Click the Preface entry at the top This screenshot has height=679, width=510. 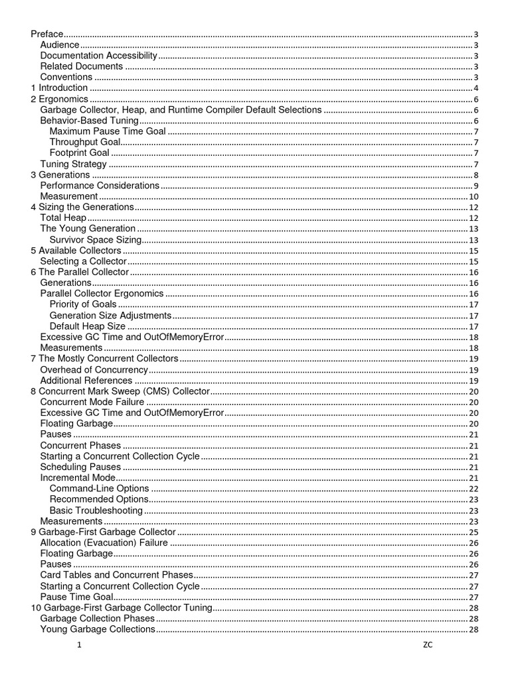pos(47,34)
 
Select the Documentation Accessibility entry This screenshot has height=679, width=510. pos(98,56)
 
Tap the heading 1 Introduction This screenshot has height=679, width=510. pos(60,88)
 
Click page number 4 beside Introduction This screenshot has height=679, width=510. pos(476,88)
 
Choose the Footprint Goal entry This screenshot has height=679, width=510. pos(80,153)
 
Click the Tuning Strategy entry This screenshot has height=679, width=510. pos(73,164)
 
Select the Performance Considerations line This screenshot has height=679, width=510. pos(100,186)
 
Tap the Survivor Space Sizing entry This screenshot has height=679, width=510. pos(96,239)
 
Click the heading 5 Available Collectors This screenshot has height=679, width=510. pos(76,251)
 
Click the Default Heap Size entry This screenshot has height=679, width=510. pos(88,326)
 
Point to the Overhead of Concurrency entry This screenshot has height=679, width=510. pos(94,369)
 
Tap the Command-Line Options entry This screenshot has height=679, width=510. pos(99,488)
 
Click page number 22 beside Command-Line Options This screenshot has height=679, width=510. pos(474,489)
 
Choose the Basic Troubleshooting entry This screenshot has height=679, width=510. pos(96,510)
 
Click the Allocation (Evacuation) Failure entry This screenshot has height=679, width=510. pos(104,542)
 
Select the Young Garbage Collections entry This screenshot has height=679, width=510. pos(98,629)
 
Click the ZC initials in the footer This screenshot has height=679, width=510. pos(427,646)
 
